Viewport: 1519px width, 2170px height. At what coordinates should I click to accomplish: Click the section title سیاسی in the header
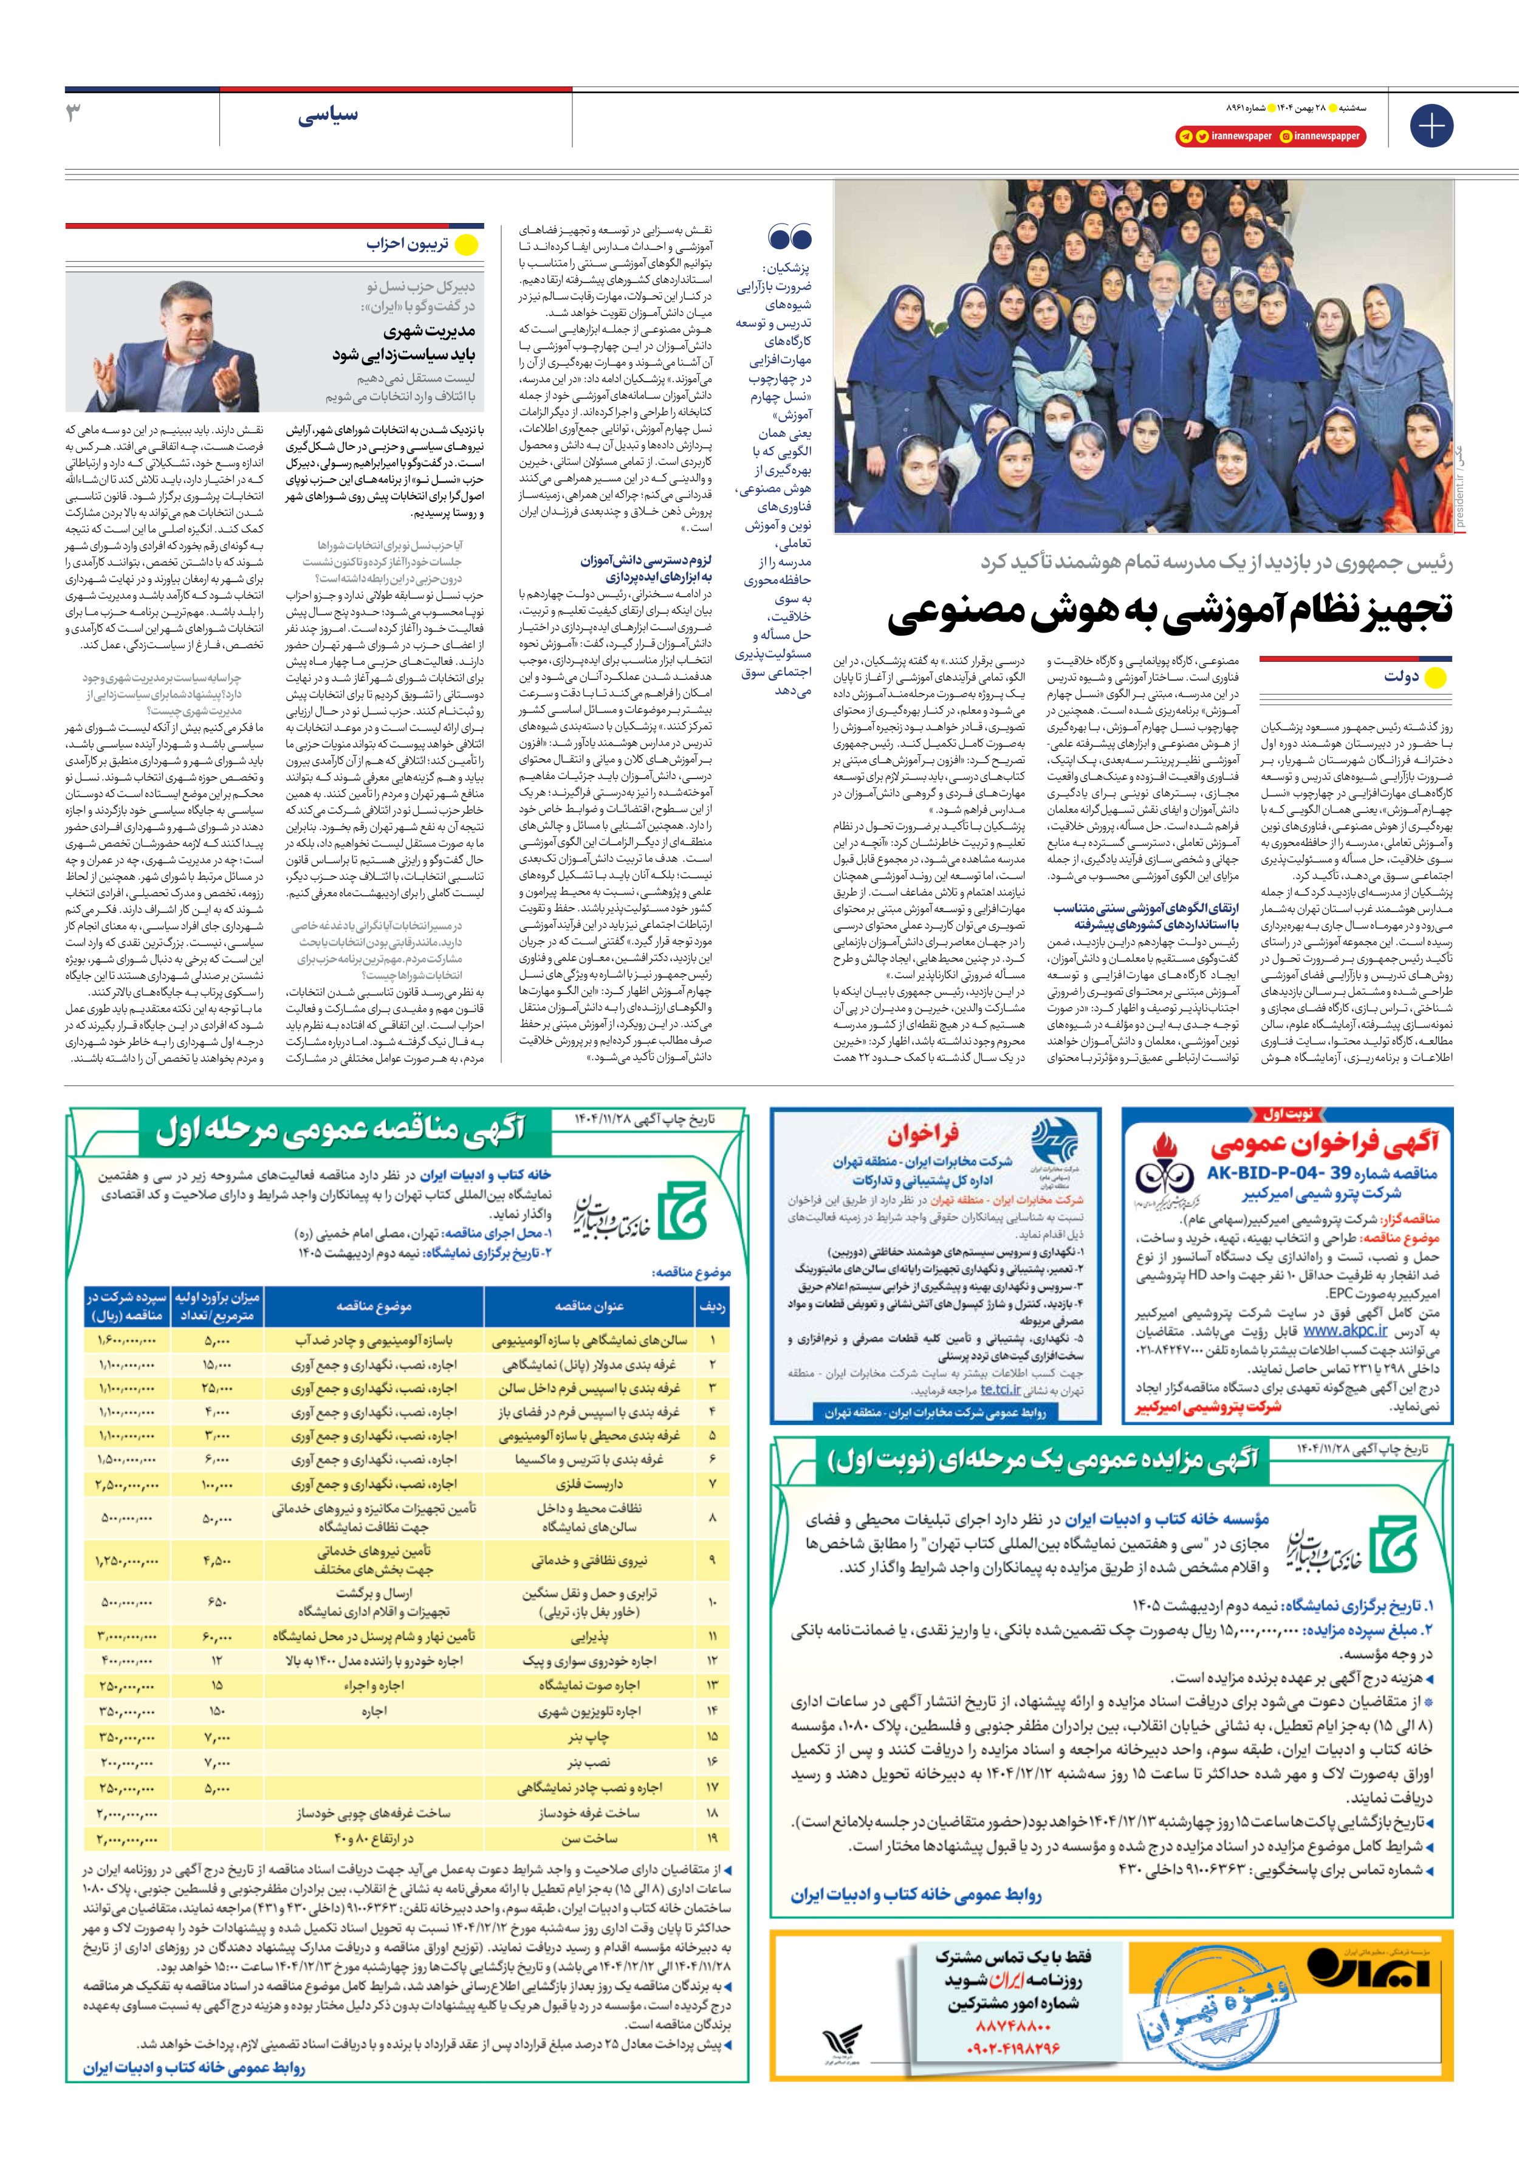(x=328, y=115)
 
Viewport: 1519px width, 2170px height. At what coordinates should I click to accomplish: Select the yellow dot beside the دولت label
(x=1435, y=677)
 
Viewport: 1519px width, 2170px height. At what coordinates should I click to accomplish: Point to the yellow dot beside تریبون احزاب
(x=466, y=245)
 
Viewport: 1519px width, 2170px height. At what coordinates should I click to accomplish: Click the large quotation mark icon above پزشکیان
(x=790, y=237)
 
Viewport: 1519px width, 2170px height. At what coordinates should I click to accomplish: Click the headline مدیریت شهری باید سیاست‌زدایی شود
(x=405, y=342)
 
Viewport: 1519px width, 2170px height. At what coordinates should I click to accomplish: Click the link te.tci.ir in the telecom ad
(x=1000, y=1389)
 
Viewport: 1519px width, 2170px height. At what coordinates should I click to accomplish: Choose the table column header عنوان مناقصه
(x=589, y=1305)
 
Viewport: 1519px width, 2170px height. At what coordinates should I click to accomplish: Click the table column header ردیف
(x=711, y=1306)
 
